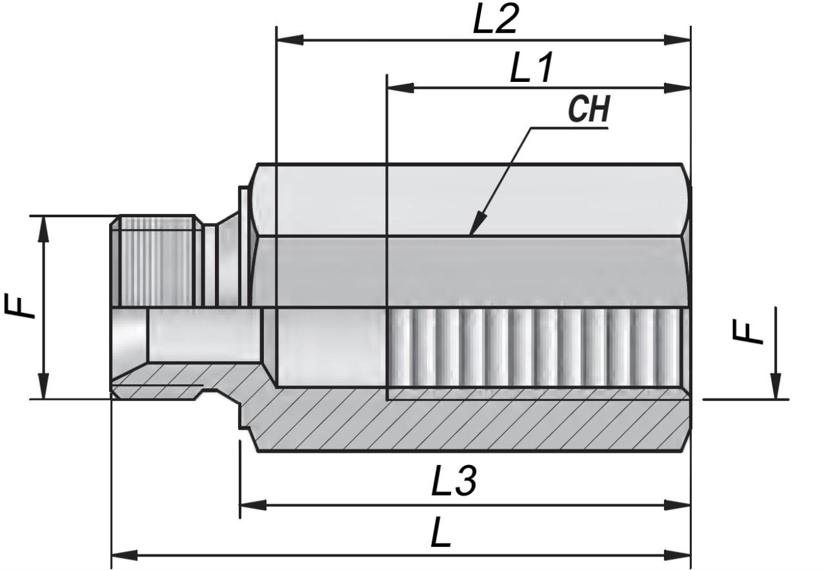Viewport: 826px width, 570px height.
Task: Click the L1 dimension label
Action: point(531,68)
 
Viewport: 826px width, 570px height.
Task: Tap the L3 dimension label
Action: point(454,480)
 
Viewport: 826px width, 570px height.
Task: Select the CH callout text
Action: point(589,109)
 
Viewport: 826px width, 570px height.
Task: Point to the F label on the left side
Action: point(20,306)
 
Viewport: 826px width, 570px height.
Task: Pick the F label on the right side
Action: point(747,332)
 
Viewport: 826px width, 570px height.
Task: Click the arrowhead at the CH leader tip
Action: point(478,223)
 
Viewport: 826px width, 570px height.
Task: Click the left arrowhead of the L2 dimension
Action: point(290,40)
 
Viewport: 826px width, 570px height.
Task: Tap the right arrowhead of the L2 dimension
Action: point(677,40)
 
